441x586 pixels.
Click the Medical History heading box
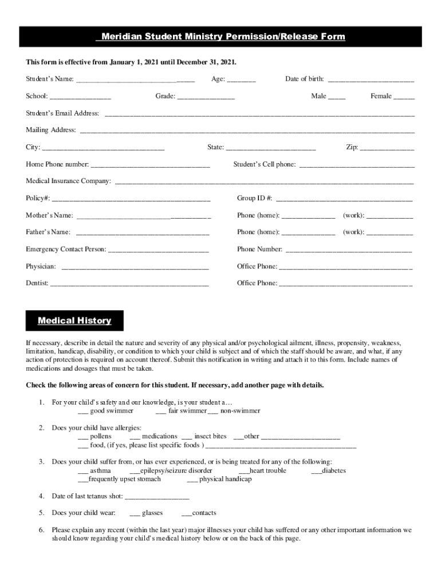pos(74,320)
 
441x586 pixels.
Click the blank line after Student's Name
pos(135,80)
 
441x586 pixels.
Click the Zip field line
pos(387,148)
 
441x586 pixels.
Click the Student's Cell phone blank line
pos(357,165)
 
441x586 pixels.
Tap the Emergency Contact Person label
pos(66,250)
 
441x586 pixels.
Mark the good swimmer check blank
pos(83,411)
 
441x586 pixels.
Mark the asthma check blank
pos(83,472)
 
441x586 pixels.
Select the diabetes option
pos(316,472)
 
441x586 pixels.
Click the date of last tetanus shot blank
pos(156,497)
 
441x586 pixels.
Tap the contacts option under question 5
pos(187,514)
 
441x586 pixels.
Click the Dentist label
pos(37,283)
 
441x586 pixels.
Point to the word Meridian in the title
pos(121,37)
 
